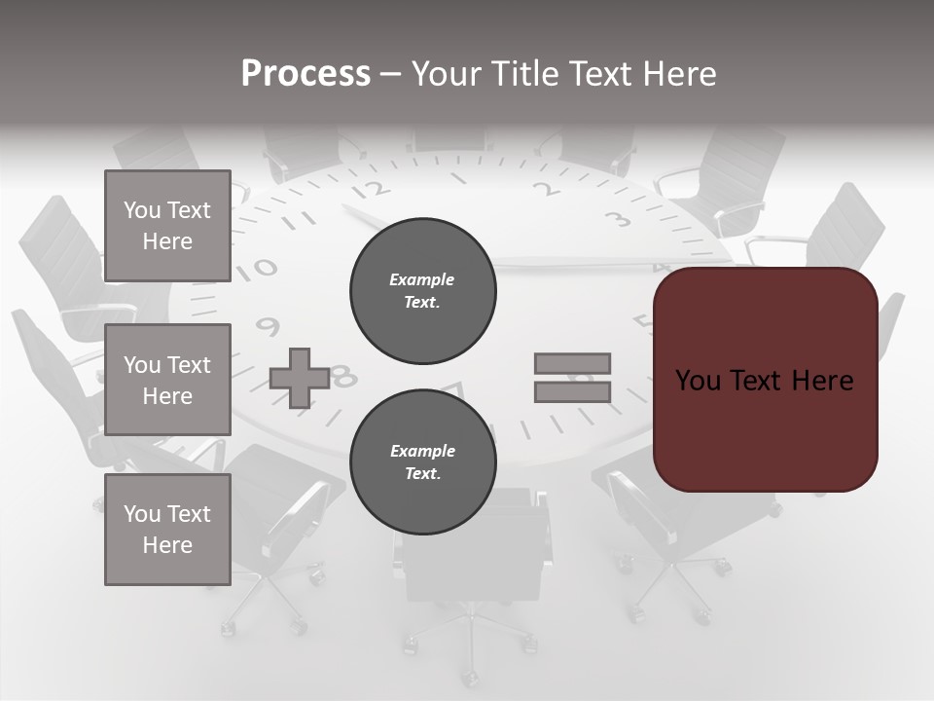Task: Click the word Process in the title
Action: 305,74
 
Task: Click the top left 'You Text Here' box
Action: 167,226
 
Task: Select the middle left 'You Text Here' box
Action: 167,380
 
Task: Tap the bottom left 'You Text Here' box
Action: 167,530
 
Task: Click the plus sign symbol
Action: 300,378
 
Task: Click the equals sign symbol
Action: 572,378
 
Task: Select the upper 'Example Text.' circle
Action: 422,290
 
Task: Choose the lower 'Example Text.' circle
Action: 422,461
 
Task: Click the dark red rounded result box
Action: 765,380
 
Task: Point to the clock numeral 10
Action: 260,267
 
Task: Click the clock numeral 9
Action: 268,326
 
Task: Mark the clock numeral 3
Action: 616,218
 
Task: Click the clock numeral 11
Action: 305,220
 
